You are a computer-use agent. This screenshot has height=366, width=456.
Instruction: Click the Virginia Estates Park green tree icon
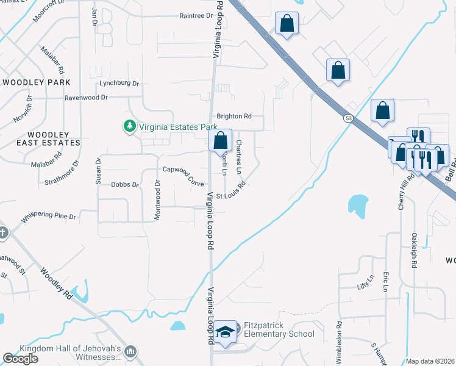coord(129,127)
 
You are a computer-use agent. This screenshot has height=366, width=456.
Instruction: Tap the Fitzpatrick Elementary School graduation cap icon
coord(225,333)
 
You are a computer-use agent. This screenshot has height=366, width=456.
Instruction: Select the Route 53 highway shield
coord(347,118)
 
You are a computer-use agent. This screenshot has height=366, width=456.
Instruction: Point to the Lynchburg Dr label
coord(120,84)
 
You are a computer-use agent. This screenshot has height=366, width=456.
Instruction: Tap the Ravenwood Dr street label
coord(86,97)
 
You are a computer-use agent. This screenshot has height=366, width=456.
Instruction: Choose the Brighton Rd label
coord(234,116)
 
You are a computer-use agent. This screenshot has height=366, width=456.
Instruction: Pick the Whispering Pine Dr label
coord(48,217)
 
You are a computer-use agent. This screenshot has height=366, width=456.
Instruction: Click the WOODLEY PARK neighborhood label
coord(37,82)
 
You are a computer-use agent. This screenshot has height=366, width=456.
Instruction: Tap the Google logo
coord(20,359)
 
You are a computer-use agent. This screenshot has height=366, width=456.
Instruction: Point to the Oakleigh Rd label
coord(415,250)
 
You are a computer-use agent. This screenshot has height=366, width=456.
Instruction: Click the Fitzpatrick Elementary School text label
coord(279,329)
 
